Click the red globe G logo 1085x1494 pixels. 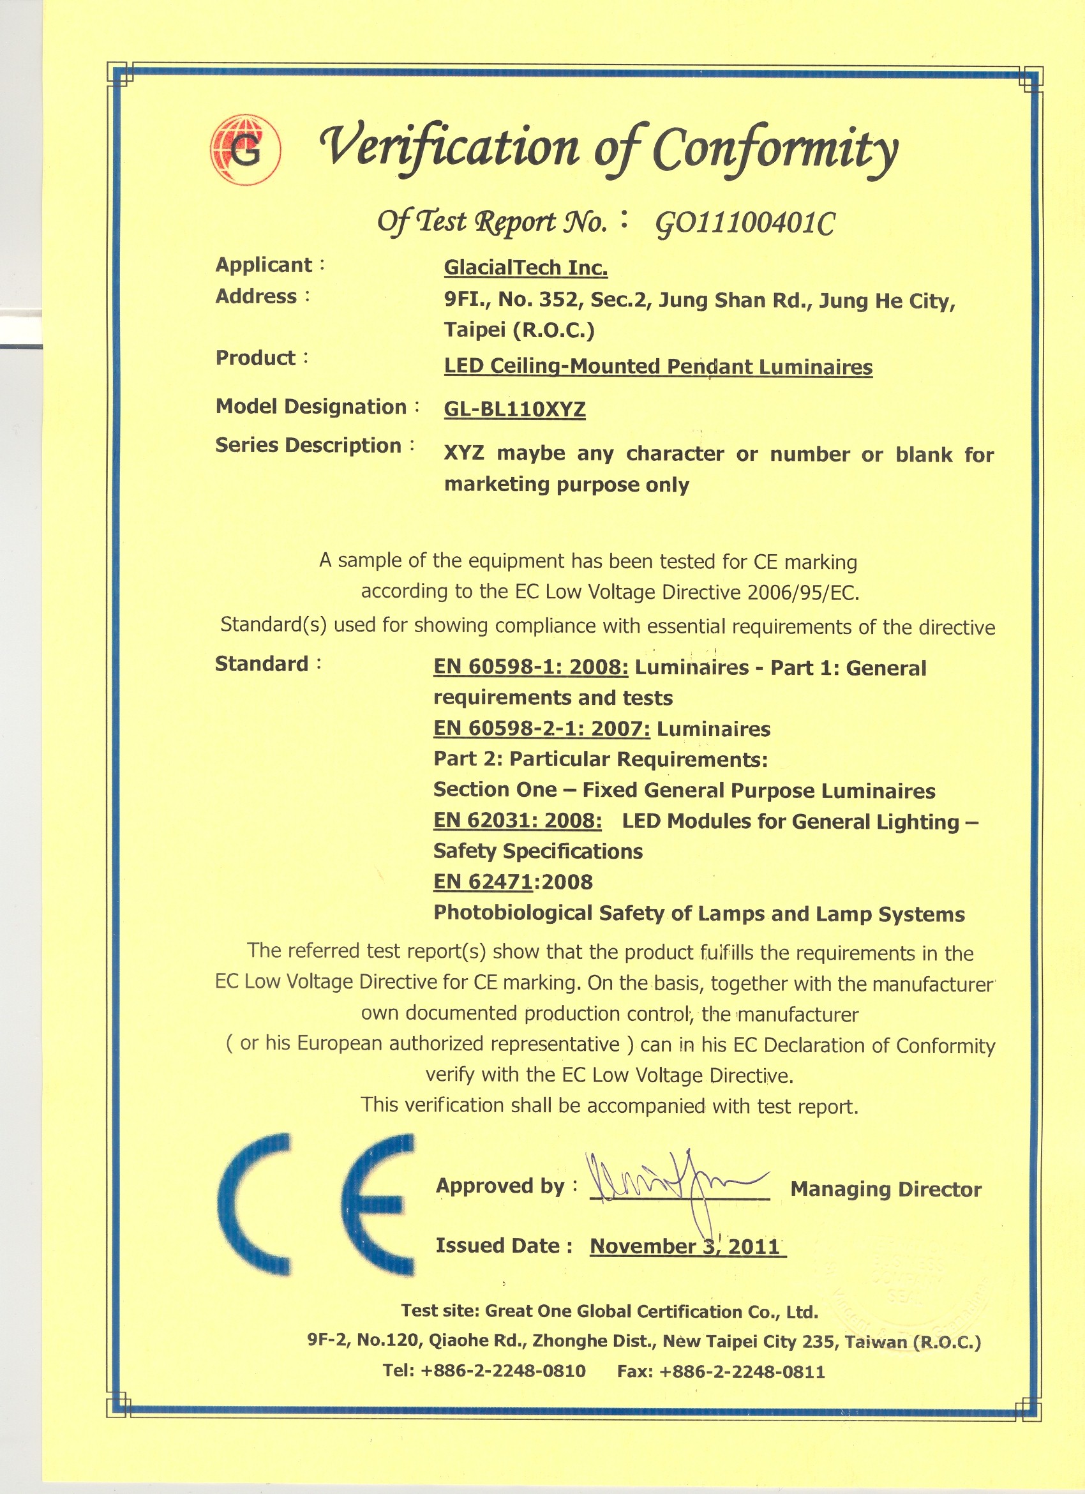246,150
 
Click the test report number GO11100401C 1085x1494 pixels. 745,225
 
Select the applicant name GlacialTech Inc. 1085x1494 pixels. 525,268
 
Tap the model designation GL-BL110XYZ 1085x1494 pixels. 514,409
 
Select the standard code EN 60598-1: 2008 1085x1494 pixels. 530,667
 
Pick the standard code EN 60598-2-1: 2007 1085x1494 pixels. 541,728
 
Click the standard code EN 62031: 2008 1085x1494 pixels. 517,821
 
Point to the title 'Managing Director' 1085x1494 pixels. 885,1189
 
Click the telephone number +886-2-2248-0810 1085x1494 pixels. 503,1371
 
